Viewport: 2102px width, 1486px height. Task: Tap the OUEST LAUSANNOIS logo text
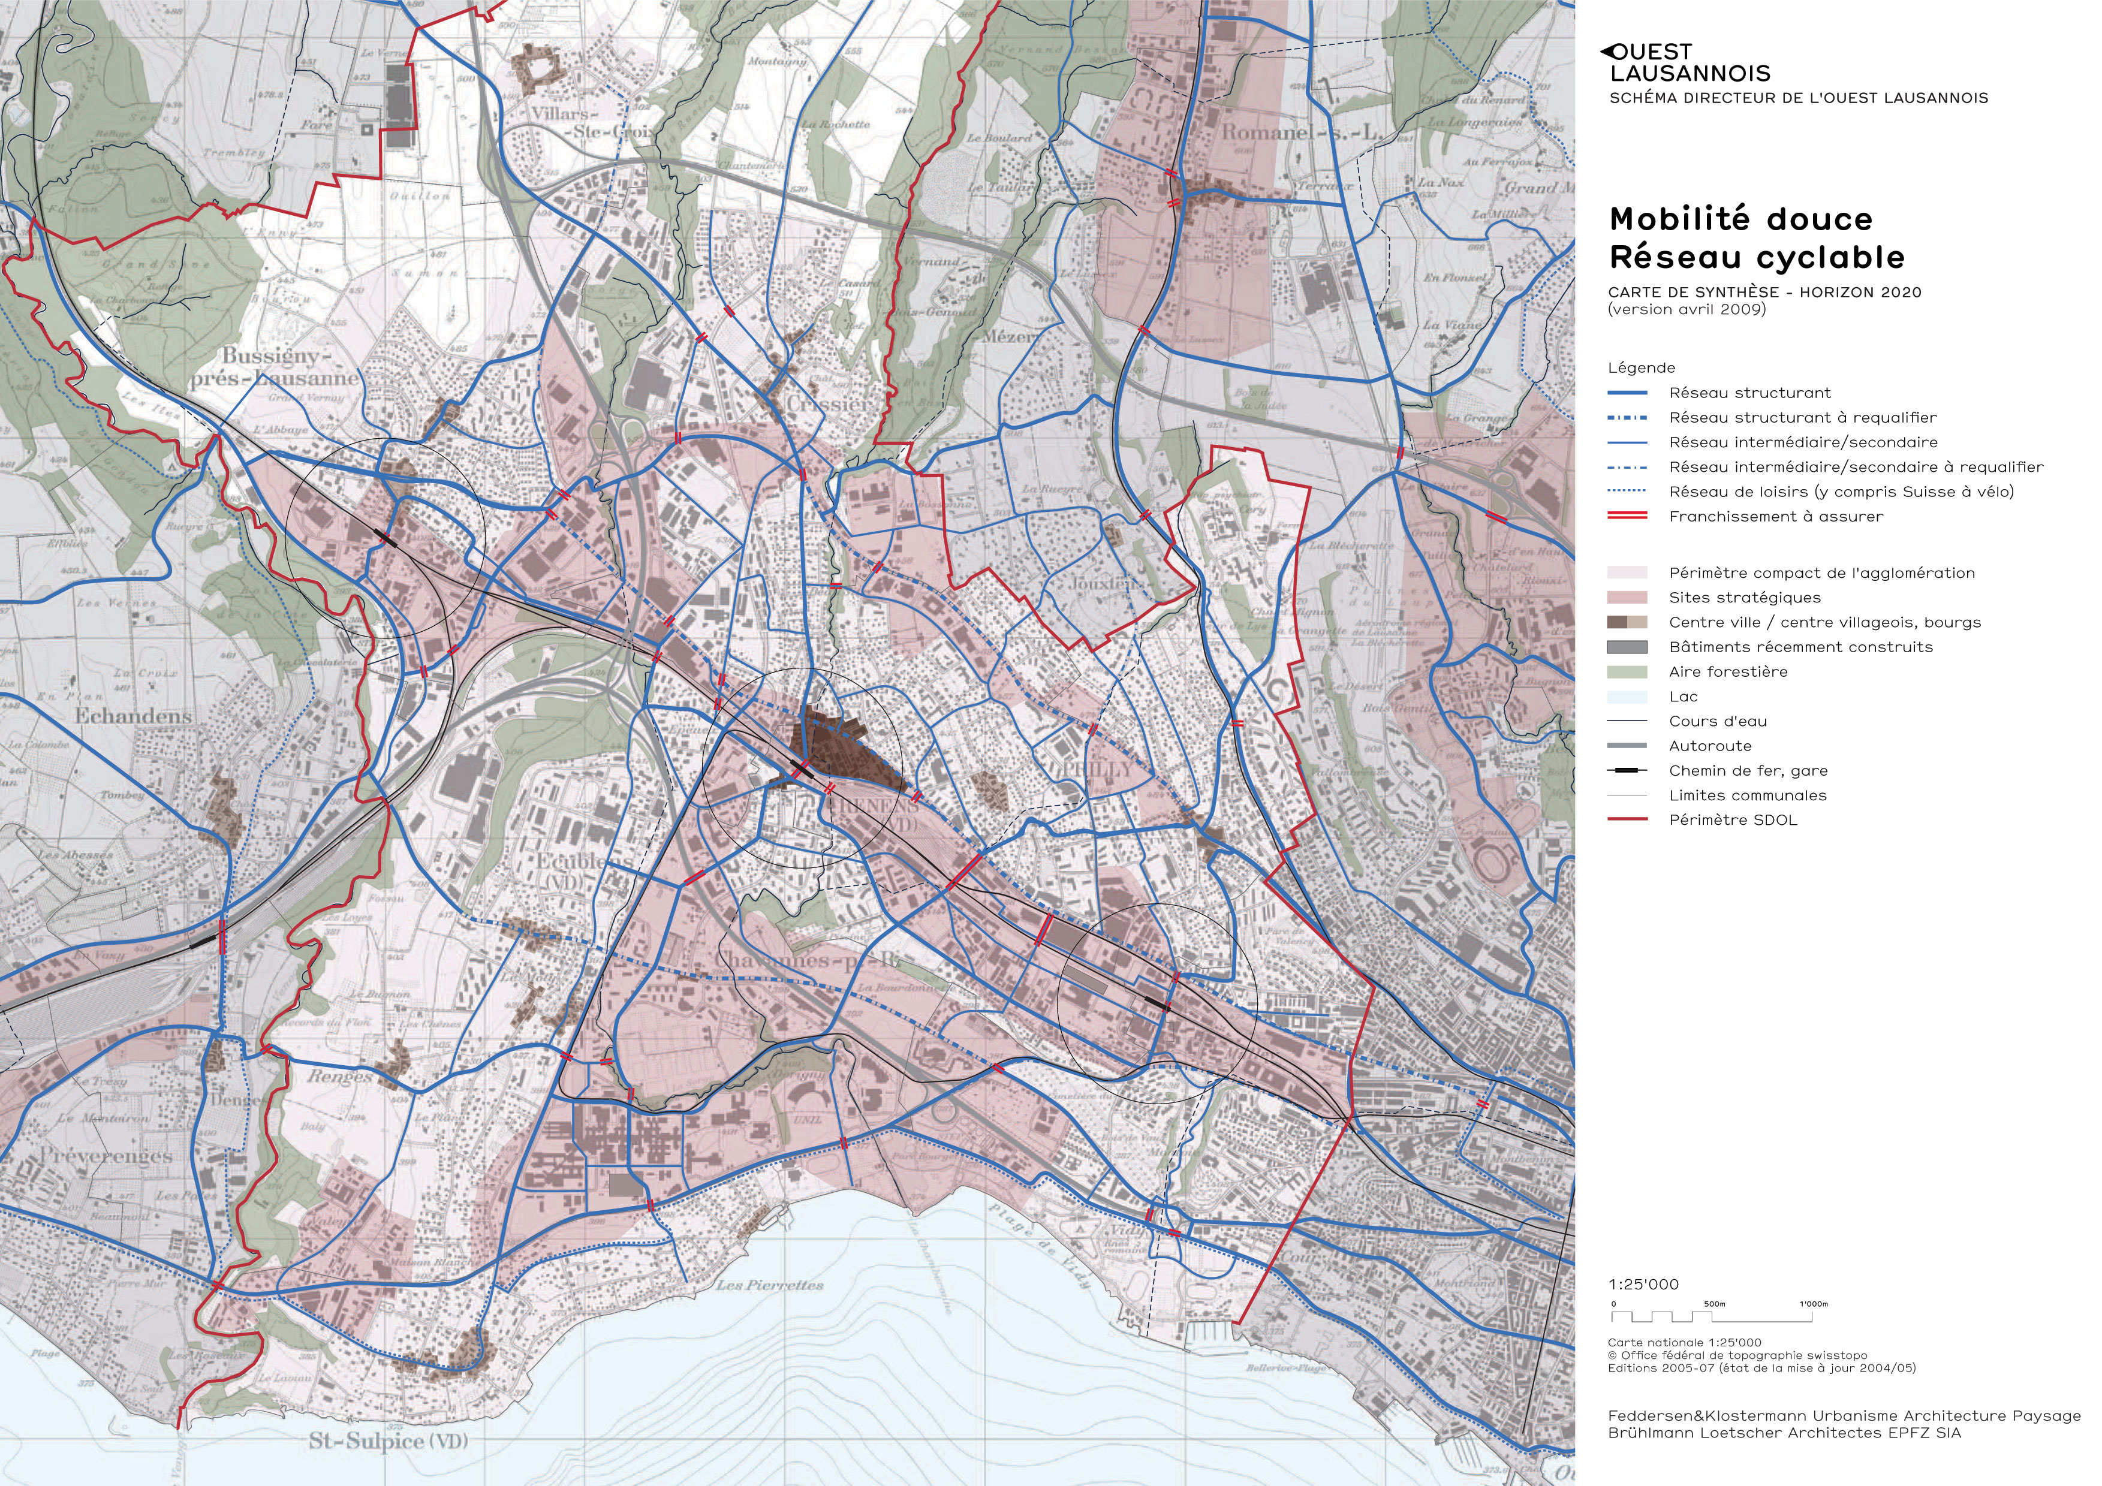[1688, 63]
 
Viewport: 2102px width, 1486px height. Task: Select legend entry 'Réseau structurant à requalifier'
[1802, 418]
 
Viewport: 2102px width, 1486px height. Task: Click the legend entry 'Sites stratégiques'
[1744, 598]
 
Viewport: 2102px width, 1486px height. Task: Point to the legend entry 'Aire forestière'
[1727, 671]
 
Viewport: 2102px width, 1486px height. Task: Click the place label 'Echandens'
[134, 716]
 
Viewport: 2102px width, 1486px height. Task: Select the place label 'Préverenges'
[106, 1156]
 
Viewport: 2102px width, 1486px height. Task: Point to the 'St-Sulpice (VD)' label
[387, 1440]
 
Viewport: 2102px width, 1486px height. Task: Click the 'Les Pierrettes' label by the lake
[769, 1285]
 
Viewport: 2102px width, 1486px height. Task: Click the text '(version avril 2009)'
[1687, 309]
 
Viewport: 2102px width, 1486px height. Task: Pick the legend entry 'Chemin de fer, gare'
[1748, 770]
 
